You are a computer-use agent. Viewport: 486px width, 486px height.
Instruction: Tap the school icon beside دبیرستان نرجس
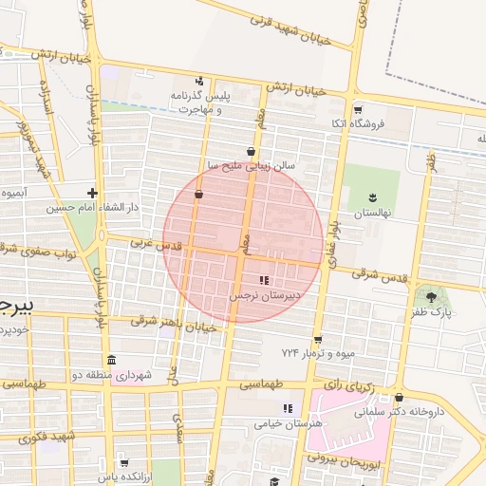point(264,281)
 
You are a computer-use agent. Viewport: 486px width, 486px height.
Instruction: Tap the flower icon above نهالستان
point(373,198)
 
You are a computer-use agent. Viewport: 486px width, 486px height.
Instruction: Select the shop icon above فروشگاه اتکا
point(358,109)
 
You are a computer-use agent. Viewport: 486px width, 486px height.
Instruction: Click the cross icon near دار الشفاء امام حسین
point(92,193)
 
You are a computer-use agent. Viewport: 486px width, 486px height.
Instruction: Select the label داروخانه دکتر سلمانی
point(399,412)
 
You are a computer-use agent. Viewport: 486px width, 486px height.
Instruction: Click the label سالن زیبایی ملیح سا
point(252,164)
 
